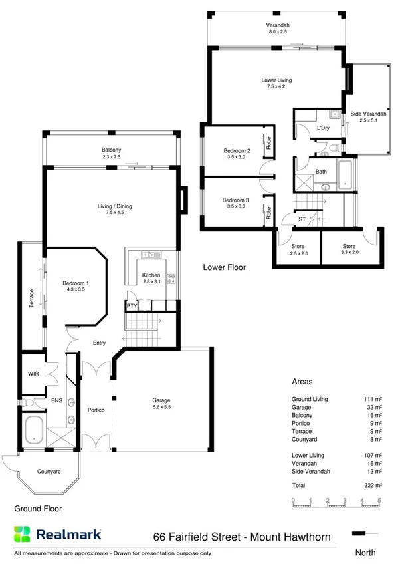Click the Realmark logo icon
23,533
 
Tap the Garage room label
161,400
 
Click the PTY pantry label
132,306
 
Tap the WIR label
33,374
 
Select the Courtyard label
49,471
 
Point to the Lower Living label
276,80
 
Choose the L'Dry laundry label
323,127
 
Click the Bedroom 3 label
236,200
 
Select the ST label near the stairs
301,218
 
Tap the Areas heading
302,382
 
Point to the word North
365,552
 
